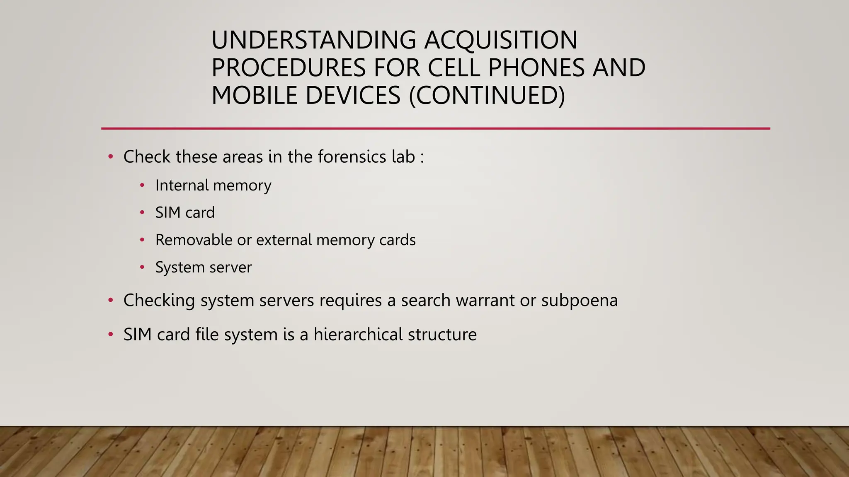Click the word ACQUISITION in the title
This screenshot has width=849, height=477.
[x=500, y=40]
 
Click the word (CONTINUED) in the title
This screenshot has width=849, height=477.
[x=487, y=96]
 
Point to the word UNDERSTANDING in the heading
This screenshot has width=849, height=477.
[x=313, y=40]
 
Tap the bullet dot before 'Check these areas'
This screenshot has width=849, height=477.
[x=110, y=157]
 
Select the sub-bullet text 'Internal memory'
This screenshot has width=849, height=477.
[x=213, y=185]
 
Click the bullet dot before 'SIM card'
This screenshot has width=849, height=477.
[x=142, y=213]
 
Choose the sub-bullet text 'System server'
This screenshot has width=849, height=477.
[x=203, y=267]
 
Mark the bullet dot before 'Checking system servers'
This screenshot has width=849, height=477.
[x=110, y=300]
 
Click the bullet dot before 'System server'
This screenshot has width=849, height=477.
[x=142, y=267]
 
